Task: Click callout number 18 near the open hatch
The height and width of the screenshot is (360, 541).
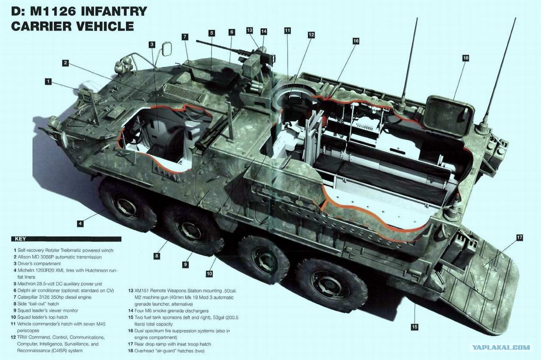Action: [465, 58]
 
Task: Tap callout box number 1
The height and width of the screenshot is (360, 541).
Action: [48, 82]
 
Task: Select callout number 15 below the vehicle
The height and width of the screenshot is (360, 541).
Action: [415, 327]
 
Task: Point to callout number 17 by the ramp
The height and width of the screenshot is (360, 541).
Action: [519, 237]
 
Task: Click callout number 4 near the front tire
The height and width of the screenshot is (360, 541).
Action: [80, 224]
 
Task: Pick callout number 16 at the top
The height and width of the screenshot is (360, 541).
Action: [356, 41]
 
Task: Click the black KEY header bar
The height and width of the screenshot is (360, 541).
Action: [66, 239]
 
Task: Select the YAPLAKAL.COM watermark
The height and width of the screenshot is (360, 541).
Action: [501, 348]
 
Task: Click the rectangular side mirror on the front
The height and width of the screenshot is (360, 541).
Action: [167, 49]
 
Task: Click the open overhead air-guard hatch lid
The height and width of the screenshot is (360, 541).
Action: [449, 116]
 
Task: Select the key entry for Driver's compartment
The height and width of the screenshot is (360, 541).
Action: [37, 264]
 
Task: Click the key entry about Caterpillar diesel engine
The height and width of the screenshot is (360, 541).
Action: [53, 297]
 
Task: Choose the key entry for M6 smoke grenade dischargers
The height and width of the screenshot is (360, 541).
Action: [168, 311]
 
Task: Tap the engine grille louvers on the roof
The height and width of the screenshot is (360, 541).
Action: [186, 93]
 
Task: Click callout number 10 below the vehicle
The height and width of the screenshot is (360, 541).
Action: [209, 273]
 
